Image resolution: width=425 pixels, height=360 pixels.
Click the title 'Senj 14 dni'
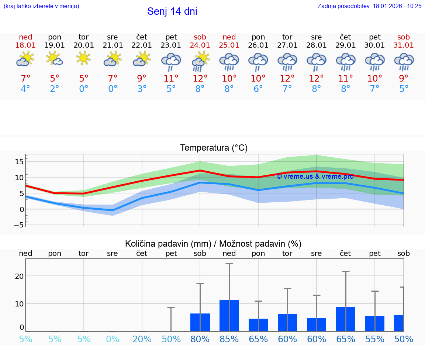tap(172, 11)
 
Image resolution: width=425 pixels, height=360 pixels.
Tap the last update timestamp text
tap(369, 6)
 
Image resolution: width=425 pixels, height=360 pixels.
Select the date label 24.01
tap(200, 45)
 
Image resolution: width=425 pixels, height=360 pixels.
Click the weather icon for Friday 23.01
tap(171, 61)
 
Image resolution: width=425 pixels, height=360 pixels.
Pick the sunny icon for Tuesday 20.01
tap(84, 58)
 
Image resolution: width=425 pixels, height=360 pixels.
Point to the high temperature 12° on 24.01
tap(200, 78)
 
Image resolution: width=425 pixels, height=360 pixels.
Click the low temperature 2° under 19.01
tap(55, 89)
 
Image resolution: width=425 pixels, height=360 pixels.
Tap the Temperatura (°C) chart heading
tap(214, 148)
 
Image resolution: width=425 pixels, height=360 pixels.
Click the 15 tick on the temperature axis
tap(19, 161)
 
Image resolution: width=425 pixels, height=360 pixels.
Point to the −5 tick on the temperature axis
tap(19, 225)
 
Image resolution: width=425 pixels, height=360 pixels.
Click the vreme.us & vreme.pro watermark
tap(315, 176)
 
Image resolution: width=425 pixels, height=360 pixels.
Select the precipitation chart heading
tap(213, 243)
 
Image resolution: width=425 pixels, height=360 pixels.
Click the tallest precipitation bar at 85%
tap(229, 315)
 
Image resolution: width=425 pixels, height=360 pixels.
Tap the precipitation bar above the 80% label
tap(200, 322)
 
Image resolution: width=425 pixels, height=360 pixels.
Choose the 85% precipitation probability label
tap(229, 339)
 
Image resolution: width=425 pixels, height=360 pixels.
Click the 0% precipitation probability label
tap(113, 339)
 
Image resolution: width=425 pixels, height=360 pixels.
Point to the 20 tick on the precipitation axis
tap(19, 276)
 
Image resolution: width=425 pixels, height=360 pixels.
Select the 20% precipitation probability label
tap(142, 339)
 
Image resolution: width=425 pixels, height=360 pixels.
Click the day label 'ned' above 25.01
tap(229, 37)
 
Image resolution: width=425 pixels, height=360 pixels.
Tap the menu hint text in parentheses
tap(41, 6)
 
